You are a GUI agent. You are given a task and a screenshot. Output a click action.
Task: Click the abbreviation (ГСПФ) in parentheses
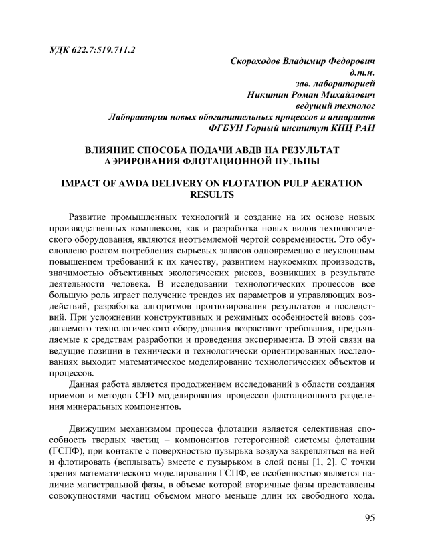(x=66, y=452)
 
